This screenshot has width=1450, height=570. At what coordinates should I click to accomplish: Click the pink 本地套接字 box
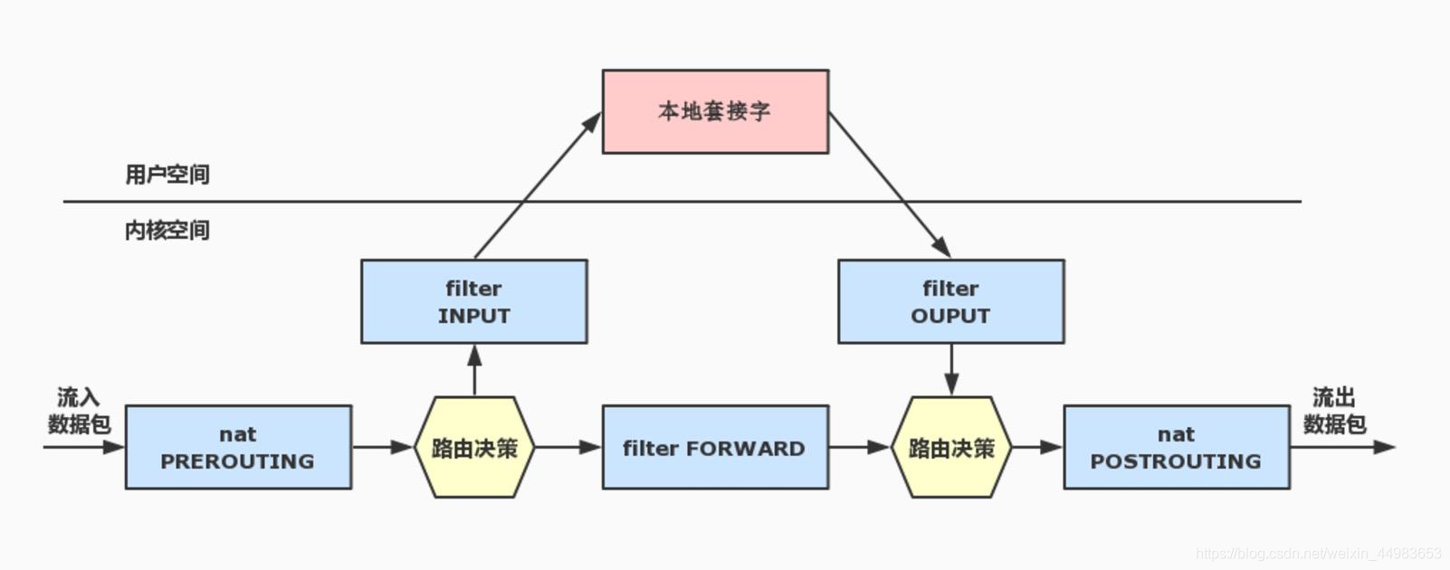coord(715,111)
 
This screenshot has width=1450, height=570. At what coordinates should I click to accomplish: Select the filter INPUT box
coord(473,301)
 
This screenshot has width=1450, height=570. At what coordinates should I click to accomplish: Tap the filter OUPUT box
coord(950,301)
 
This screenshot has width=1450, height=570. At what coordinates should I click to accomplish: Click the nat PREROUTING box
coord(238,447)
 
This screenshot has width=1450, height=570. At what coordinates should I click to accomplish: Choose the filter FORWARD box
coord(715,447)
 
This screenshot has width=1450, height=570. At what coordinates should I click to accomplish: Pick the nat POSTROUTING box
coord(1176,447)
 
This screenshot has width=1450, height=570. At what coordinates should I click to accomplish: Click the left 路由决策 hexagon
coord(474,447)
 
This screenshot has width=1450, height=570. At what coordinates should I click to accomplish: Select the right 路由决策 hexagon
coord(951,447)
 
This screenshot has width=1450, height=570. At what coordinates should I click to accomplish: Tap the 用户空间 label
coord(167,175)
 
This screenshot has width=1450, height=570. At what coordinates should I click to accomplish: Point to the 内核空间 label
coord(167,231)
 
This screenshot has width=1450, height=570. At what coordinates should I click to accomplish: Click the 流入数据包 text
coord(79,411)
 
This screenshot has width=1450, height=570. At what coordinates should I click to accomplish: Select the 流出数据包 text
coord(1334,411)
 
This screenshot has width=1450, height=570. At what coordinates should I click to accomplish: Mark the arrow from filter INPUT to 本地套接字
coord(538,185)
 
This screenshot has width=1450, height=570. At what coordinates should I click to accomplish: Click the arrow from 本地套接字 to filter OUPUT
coord(890,185)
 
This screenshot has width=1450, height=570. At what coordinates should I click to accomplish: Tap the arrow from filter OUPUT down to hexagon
coord(951,369)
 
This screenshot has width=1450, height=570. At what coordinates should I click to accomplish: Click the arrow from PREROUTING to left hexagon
coord(382,447)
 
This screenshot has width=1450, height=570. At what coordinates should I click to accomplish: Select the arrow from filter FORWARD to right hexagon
coord(859,447)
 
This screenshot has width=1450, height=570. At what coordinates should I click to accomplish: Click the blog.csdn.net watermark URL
coord(1318,553)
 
